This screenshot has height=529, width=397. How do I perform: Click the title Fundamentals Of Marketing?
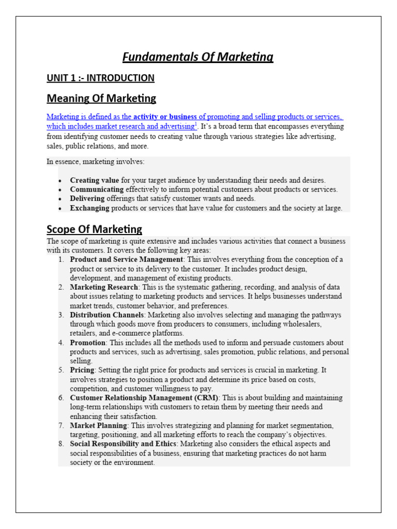[x=198, y=57]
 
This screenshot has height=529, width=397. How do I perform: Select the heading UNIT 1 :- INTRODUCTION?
[x=100, y=78]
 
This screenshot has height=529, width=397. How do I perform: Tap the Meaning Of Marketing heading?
[x=101, y=98]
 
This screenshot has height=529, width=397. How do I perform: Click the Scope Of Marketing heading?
[x=94, y=229]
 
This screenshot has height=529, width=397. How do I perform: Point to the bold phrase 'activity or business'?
[x=165, y=117]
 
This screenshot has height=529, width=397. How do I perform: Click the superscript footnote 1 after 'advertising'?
[x=195, y=125]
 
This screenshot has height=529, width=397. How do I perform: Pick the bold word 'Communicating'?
[x=97, y=190]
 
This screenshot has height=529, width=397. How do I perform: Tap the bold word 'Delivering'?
[x=87, y=198]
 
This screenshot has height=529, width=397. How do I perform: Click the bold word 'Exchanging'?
[x=90, y=208]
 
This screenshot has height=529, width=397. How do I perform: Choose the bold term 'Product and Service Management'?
[x=127, y=259]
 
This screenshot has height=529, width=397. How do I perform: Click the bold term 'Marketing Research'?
[x=104, y=287]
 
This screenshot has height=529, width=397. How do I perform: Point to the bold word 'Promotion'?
[x=88, y=343]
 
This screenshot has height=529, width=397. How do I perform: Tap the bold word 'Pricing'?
[x=82, y=370]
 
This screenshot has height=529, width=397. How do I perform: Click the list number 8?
[x=61, y=444]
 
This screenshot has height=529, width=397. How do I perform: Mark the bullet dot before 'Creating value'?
[x=60, y=181]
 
